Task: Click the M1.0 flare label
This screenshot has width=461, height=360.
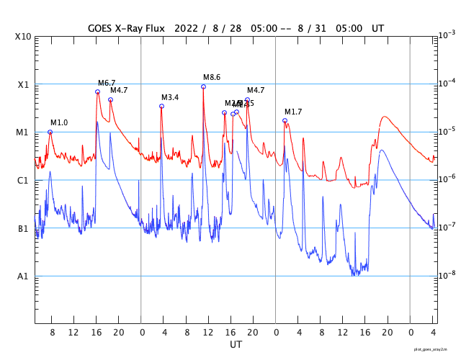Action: tap(59, 123)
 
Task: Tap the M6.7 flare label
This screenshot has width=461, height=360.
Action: tap(107, 84)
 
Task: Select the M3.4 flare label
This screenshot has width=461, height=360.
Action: tap(170, 98)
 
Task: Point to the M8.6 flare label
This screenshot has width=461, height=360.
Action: tap(212, 78)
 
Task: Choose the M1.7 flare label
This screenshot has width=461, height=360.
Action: tap(293, 112)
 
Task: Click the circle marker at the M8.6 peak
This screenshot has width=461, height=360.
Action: tap(203, 86)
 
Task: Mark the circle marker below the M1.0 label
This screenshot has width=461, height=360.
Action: tap(50, 132)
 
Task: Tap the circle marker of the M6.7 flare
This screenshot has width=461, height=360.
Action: tap(97, 91)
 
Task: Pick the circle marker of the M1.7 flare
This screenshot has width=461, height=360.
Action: tap(285, 120)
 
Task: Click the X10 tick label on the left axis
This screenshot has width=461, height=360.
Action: tap(24, 37)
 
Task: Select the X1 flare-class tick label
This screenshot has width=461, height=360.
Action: tap(23, 85)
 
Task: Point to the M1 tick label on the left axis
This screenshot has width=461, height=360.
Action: tap(23, 133)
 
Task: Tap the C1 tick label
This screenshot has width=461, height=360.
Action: tap(23, 181)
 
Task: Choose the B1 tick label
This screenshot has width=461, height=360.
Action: tap(23, 229)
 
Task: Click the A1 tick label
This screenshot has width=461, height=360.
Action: tap(23, 276)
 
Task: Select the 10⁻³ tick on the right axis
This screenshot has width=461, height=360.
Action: tap(446, 35)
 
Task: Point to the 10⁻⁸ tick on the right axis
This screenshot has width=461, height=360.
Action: tap(446, 275)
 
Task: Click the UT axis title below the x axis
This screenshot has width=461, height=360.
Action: tap(236, 345)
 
